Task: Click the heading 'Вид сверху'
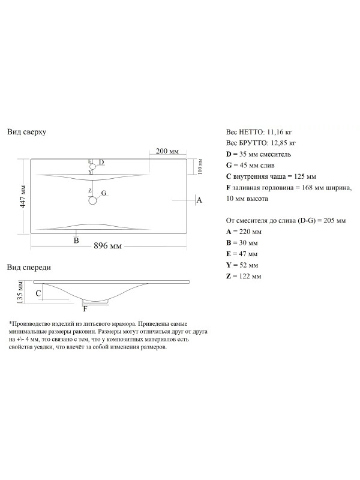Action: pyautogui.click(x=26, y=131)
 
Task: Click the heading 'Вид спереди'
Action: pyautogui.click(x=29, y=267)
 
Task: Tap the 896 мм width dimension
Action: pyautogui.click(x=108, y=247)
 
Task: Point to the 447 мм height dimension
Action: pyautogui.click(x=23, y=196)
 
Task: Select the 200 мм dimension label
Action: pyautogui.click(x=167, y=150)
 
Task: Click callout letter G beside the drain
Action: pyautogui.click(x=104, y=193)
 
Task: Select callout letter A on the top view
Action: pyautogui.click(x=199, y=200)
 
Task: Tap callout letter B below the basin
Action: pyautogui.click(x=76, y=241)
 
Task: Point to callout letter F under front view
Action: pyautogui.click(x=85, y=309)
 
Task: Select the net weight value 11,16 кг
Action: pyautogui.click(x=280, y=131)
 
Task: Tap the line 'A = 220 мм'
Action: pyautogui.click(x=244, y=232)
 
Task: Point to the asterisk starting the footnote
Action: pyautogui.click(x=10, y=323)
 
